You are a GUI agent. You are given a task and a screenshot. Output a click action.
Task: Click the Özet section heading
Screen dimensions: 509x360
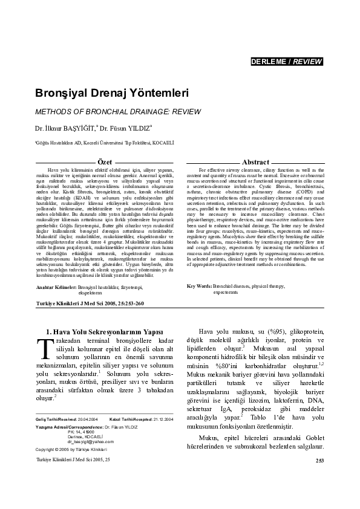[x=105, y=163]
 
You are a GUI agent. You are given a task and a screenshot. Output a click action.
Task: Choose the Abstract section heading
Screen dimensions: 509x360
[x=255, y=163]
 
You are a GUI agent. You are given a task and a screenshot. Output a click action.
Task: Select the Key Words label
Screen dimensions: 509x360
[x=199, y=285]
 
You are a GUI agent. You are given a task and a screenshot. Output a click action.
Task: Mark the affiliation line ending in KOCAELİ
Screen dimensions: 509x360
[x=96, y=143]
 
